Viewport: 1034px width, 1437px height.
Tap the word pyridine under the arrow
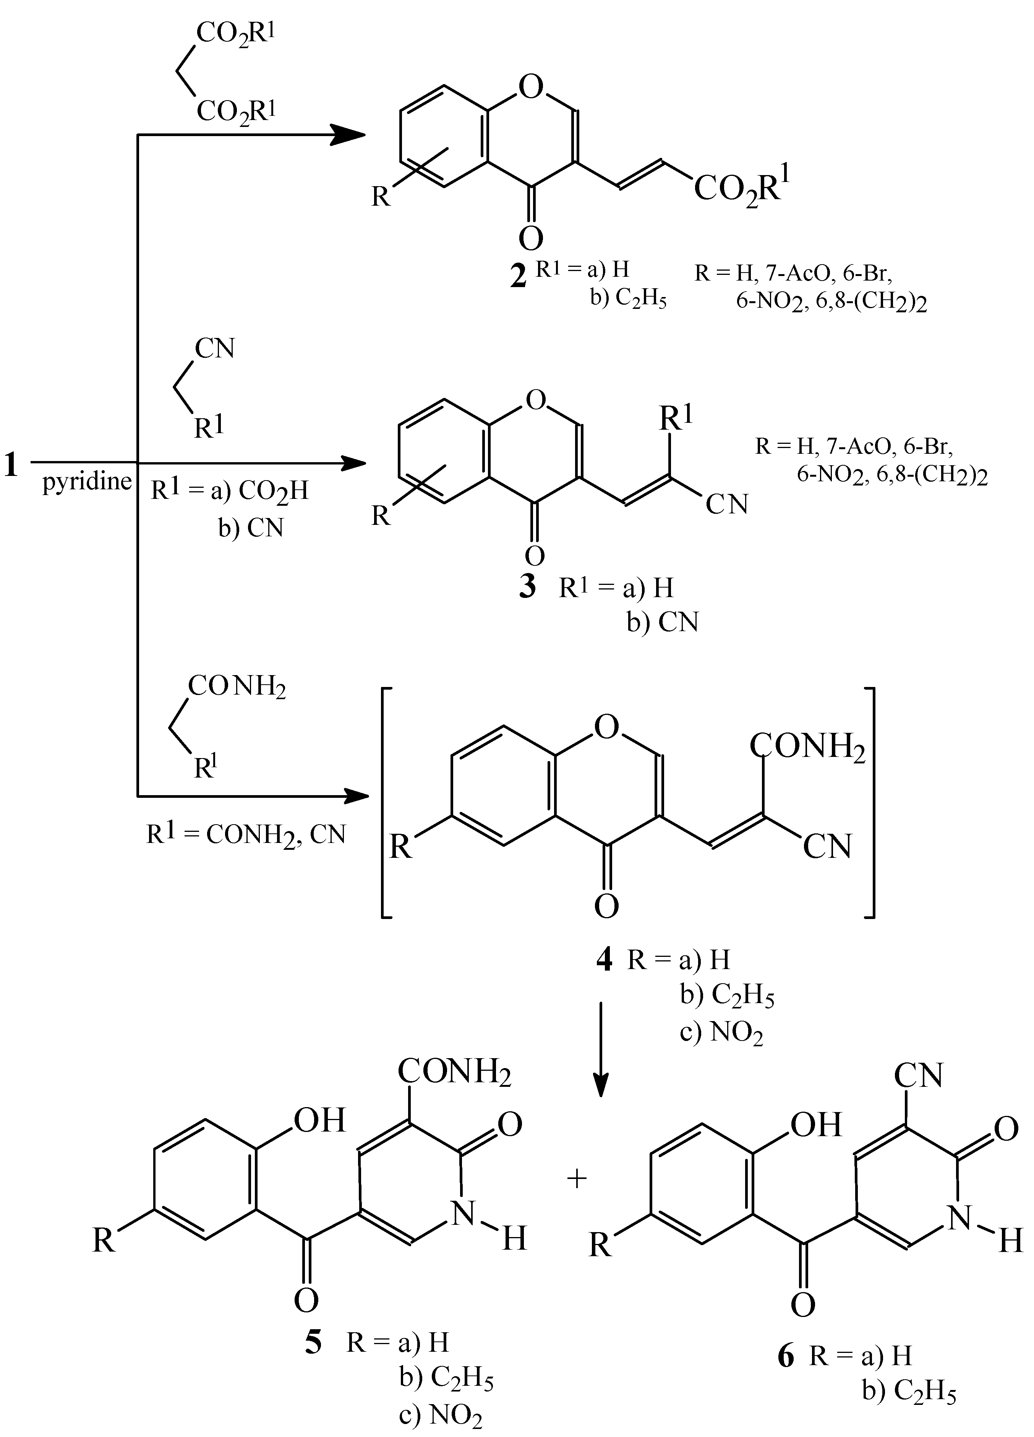coord(87,482)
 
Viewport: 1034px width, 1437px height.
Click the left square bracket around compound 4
coord(386,802)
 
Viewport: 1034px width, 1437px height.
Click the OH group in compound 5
coord(320,1120)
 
